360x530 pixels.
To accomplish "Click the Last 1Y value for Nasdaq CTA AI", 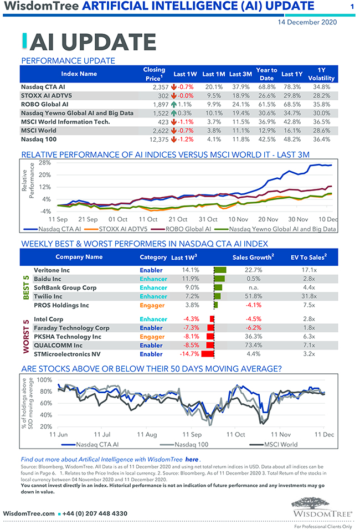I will coord(291,87).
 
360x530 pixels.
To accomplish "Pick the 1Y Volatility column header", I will coord(321,74).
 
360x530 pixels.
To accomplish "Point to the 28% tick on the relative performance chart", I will coord(45,163).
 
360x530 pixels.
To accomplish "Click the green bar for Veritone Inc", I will coord(220,270).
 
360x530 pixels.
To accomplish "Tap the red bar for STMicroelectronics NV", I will coord(208,354).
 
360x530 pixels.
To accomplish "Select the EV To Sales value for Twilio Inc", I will coord(309,296).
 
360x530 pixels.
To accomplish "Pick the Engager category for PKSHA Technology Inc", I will coord(152,336).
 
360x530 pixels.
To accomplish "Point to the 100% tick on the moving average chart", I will coord(45,380).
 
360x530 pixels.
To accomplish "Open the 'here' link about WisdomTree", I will coord(191,460).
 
